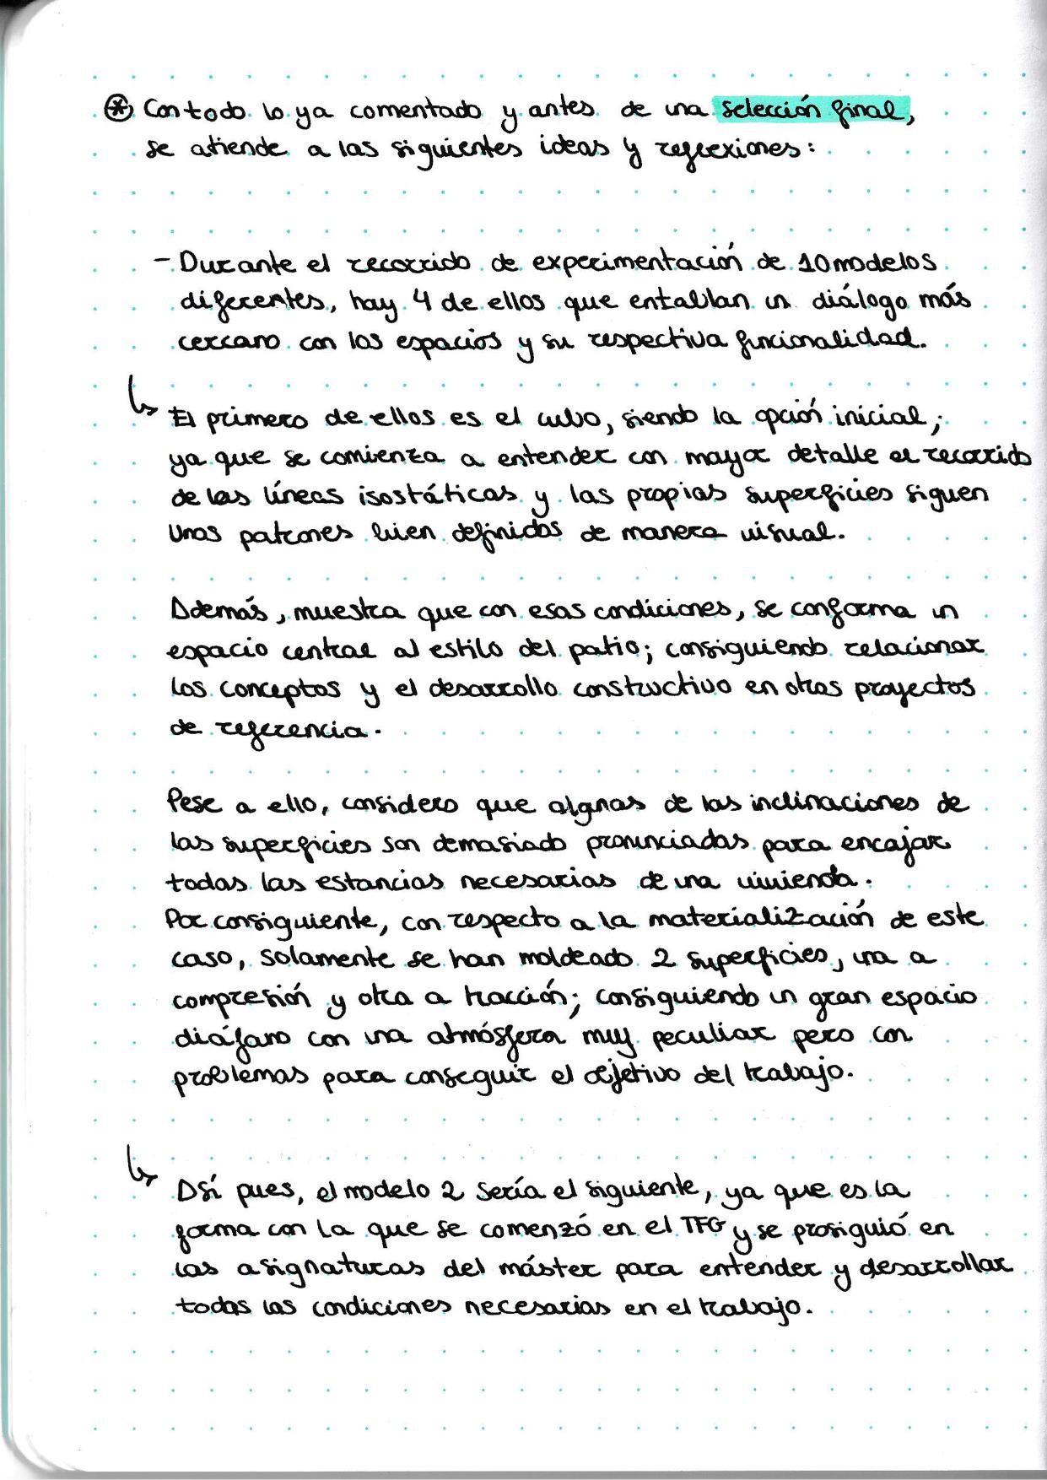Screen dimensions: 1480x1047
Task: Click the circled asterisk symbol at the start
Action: click(116, 109)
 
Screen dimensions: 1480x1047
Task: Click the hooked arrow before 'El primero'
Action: click(140, 396)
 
